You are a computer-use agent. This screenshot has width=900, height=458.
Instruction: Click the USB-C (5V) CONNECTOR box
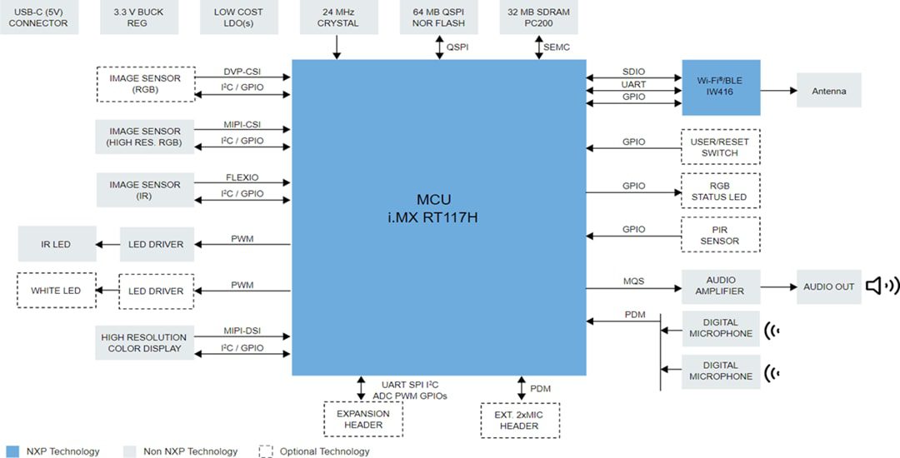click(x=38, y=17)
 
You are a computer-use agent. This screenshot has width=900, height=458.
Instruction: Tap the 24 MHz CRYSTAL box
click(x=337, y=17)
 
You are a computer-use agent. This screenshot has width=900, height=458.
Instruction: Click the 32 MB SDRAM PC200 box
click(x=539, y=17)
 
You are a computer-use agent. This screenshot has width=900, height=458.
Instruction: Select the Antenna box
click(x=828, y=91)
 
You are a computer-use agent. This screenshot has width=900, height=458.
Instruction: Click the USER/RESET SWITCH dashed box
click(x=720, y=147)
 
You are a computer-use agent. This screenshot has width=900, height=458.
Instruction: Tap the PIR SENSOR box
click(x=720, y=235)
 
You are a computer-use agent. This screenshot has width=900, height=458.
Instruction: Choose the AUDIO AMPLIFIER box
click(x=720, y=286)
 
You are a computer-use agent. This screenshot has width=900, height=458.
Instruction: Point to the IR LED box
click(x=56, y=244)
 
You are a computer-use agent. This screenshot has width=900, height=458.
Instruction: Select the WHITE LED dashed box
click(x=56, y=291)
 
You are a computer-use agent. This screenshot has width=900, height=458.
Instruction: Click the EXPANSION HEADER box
click(x=363, y=419)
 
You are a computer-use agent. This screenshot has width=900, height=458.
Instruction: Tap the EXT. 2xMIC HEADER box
click(x=520, y=420)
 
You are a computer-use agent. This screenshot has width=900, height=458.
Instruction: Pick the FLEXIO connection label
click(x=242, y=177)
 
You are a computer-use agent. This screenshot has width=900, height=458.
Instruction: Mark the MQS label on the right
click(x=633, y=282)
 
